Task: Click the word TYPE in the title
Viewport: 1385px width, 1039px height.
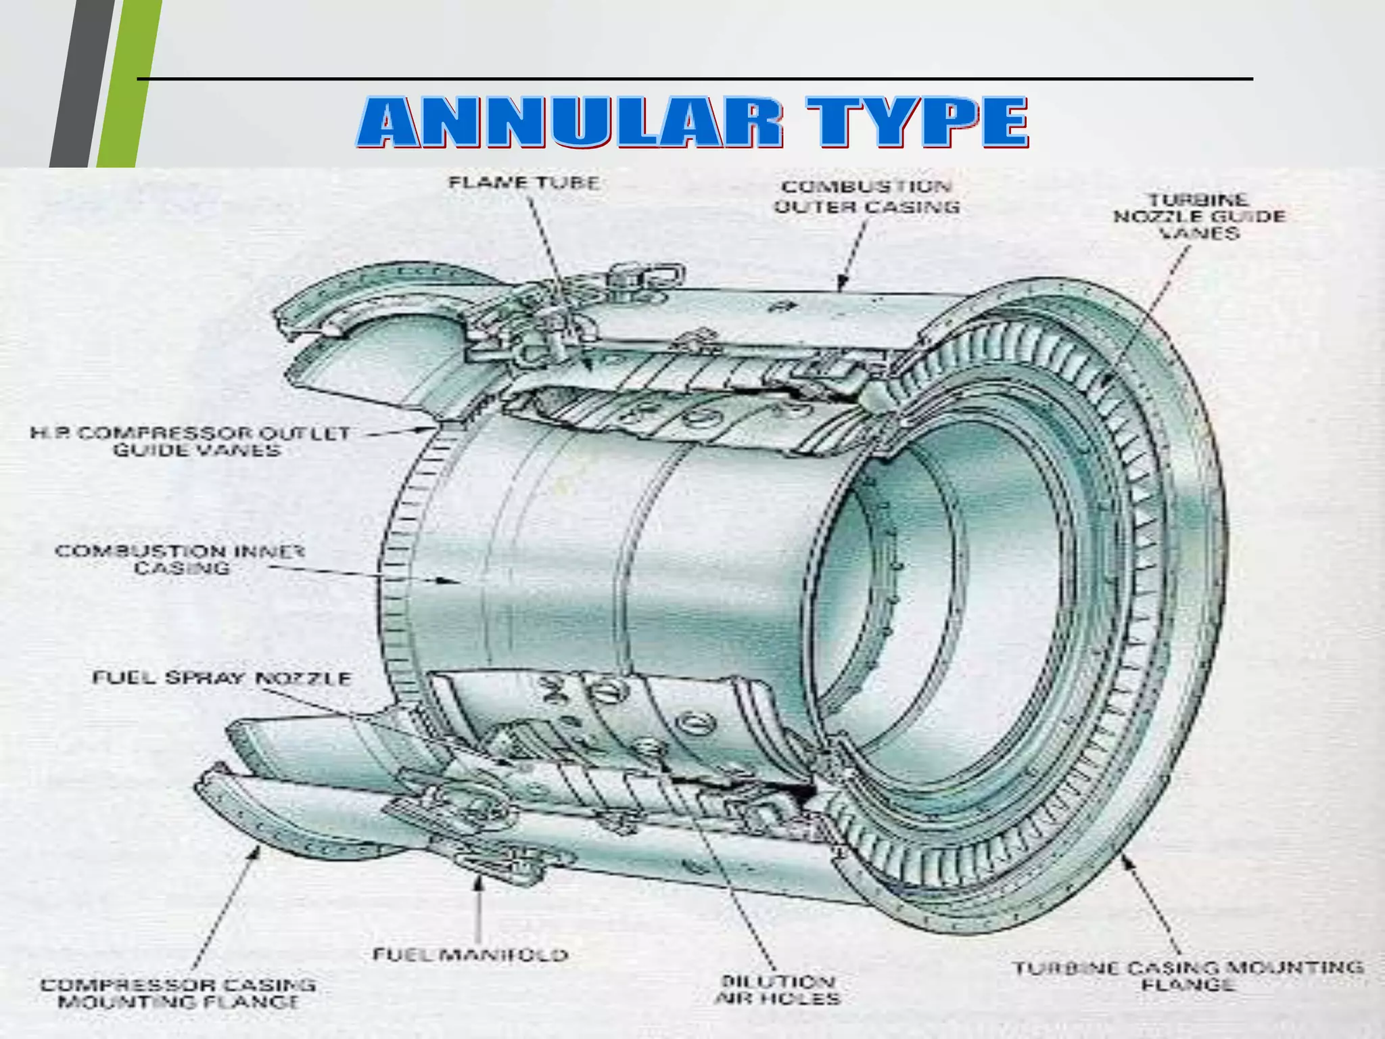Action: tap(916, 122)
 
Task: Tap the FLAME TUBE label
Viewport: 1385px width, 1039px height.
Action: tap(524, 183)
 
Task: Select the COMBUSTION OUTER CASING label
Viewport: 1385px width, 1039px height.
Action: tap(867, 197)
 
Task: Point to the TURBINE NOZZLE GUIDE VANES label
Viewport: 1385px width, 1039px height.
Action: tap(1199, 216)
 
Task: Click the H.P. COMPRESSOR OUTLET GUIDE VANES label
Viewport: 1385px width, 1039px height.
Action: tap(190, 442)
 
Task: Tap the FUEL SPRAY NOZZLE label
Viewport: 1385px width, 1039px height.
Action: tap(222, 678)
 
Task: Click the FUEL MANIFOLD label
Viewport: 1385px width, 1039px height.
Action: tap(471, 954)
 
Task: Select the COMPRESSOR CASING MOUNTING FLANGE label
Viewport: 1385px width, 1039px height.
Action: tap(179, 993)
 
